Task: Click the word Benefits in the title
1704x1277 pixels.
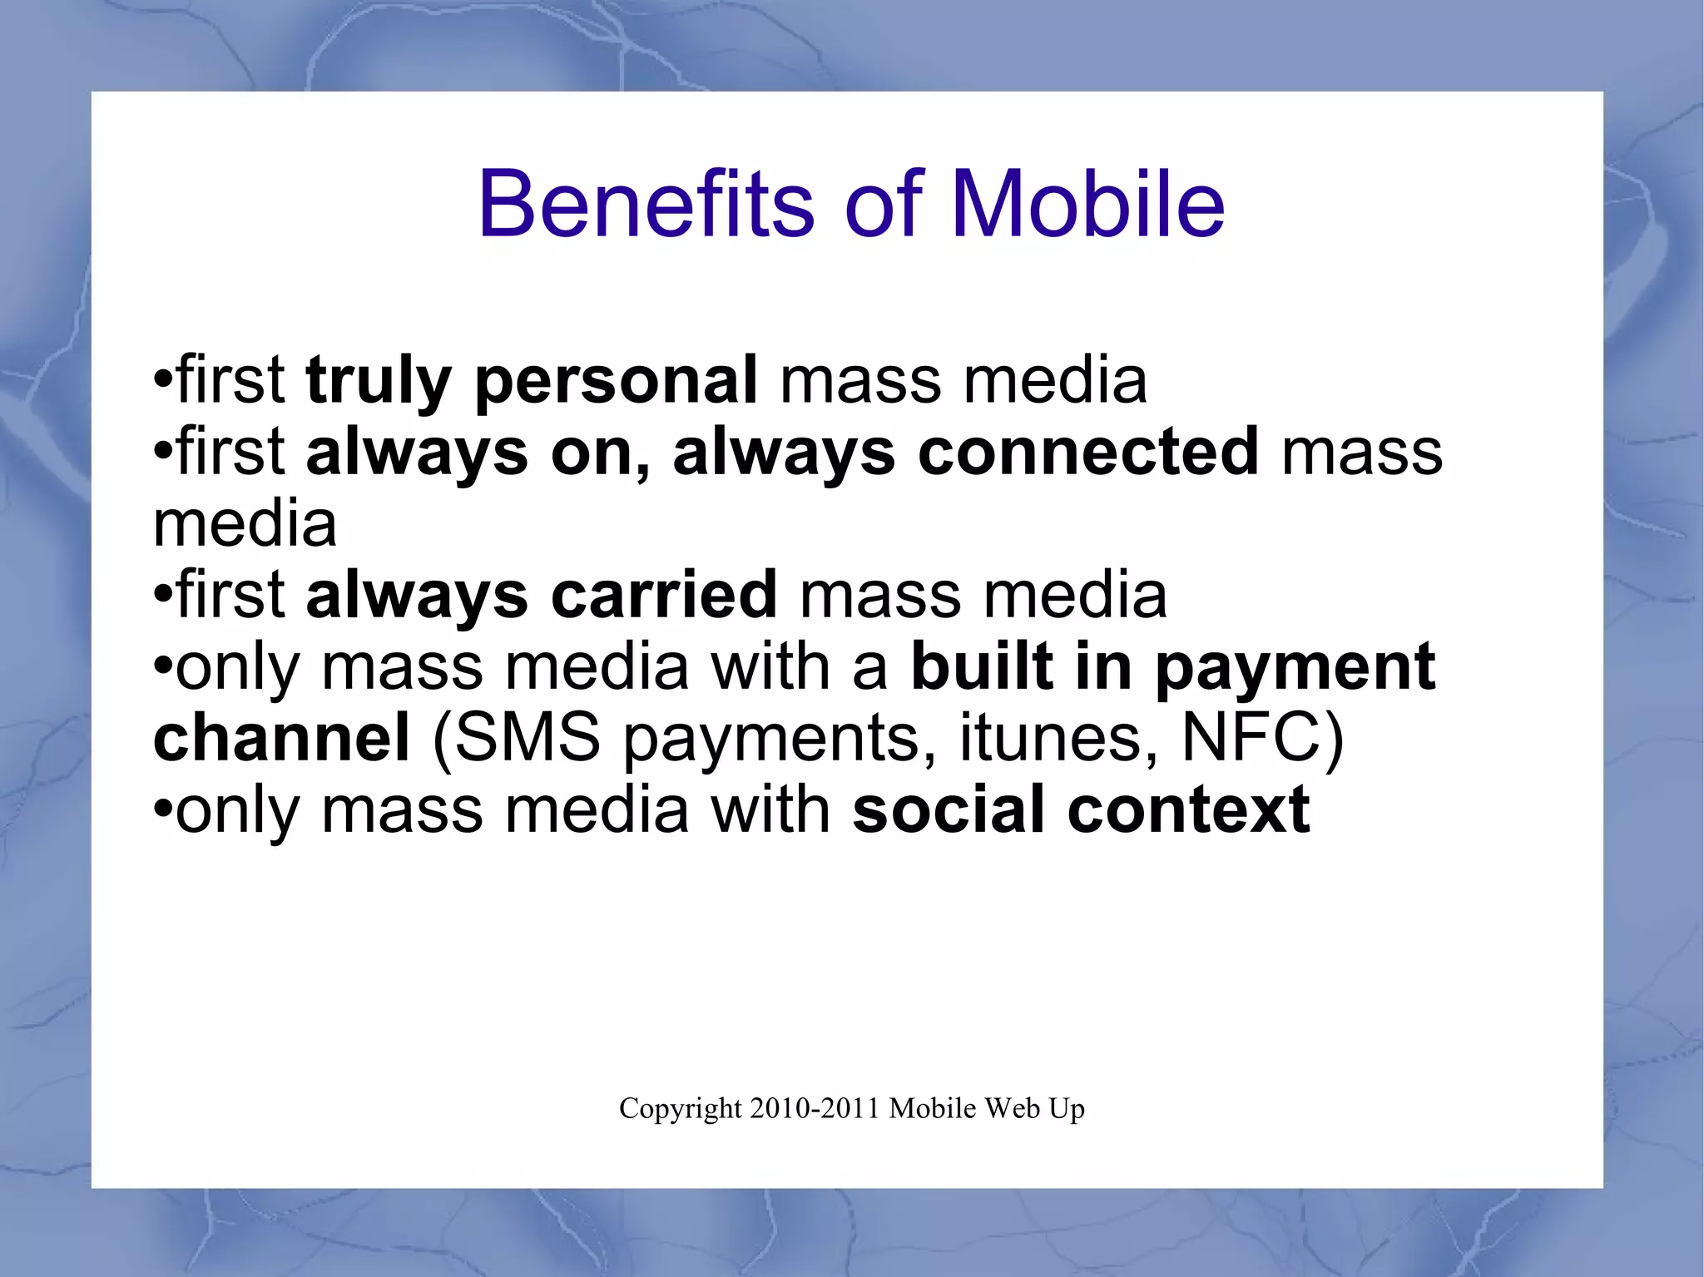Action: [646, 205]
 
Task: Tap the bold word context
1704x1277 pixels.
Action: [1189, 810]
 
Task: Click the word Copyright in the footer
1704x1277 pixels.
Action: [680, 1109]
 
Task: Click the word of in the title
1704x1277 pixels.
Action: [883, 205]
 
